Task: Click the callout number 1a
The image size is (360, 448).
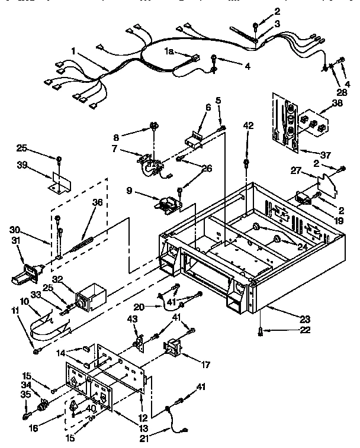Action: tap(169, 51)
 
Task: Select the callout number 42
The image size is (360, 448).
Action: tap(247, 125)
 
